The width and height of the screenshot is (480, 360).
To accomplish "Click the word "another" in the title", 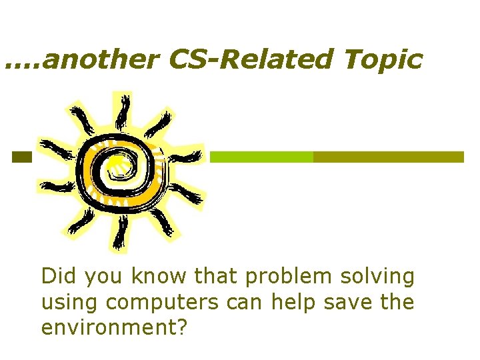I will tap(104, 60).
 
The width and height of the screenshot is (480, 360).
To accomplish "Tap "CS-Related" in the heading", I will tap(247, 60).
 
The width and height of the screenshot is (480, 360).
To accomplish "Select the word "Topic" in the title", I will tap(383, 60).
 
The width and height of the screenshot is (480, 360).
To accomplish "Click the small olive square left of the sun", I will tap(21, 157).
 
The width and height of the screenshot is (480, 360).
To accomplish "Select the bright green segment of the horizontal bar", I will tap(261, 157).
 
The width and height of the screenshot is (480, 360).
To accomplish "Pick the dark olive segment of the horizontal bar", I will tap(388, 157).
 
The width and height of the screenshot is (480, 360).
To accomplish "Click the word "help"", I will tap(291, 302).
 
